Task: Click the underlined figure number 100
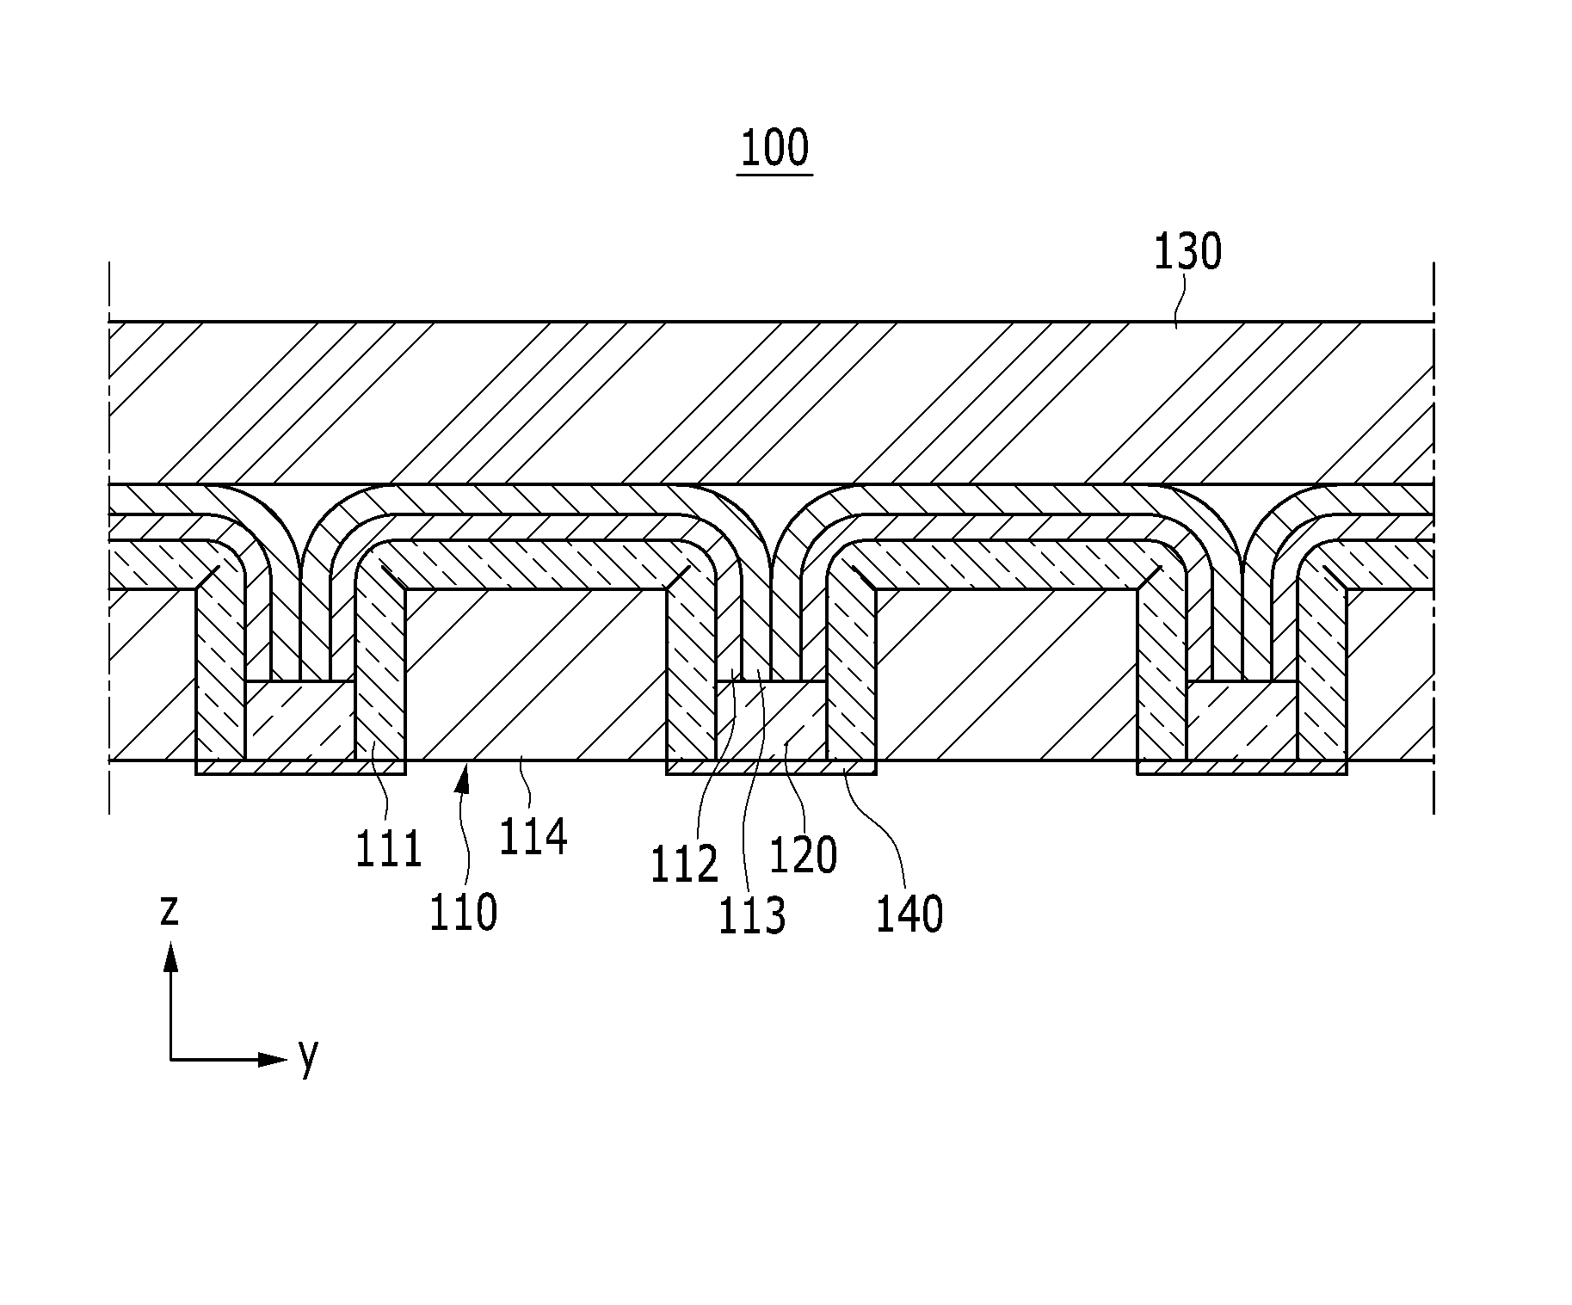774,148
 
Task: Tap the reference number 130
1187,253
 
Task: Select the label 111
389,848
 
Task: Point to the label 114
533,836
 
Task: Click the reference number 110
464,912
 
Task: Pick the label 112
684,865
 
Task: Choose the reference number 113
753,915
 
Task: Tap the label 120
803,855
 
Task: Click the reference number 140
910,914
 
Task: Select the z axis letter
170,910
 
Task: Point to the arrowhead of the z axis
171,956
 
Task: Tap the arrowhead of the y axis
273,1059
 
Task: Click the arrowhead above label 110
463,779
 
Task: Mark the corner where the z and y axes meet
171,1059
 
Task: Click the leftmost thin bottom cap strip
300,767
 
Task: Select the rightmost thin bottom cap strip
1242,767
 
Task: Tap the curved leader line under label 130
1177,301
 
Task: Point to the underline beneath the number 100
774,175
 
